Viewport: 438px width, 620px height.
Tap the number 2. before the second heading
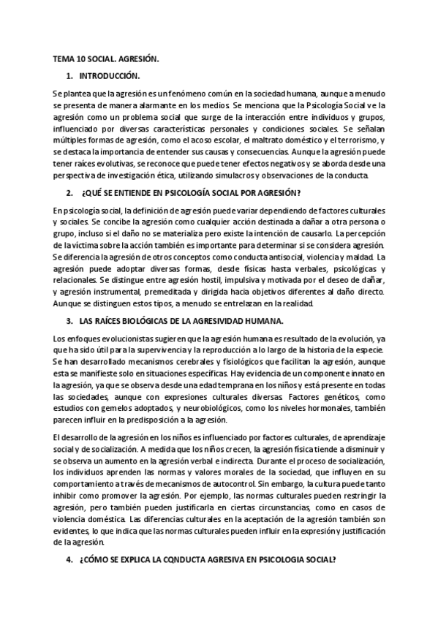[x=69, y=193]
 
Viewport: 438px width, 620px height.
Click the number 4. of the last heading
[x=69, y=561]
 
